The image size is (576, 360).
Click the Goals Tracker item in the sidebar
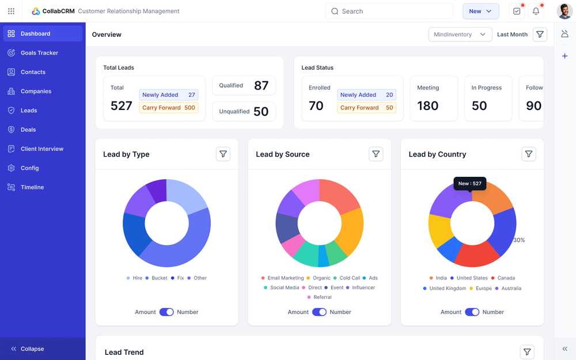point(39,53)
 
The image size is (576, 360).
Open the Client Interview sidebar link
point(41,149)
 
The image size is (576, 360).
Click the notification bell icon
point(536,12)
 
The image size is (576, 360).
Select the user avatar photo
point(564,12)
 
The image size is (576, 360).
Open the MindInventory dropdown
point(460,35)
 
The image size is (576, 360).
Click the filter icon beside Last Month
point(540,35)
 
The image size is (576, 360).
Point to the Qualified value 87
point(261,86)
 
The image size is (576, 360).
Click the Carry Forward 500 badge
point(169,108)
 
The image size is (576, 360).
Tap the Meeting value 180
point(428,106)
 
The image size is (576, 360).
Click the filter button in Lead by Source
point(376,154)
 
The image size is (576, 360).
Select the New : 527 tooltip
point(469,184)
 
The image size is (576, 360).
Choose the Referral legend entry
point(322,297)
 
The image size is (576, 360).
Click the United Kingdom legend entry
point(447,288)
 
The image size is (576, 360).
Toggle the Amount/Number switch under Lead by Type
point(166,312)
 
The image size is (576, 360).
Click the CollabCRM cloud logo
point(36,12)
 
